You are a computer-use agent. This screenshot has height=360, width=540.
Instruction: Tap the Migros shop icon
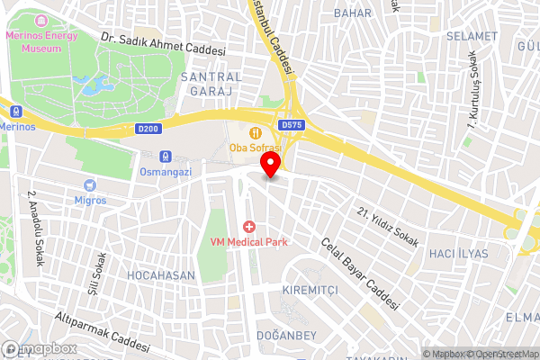click(x=90, y=184)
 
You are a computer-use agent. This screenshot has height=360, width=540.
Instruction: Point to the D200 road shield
click(x=149, y=129)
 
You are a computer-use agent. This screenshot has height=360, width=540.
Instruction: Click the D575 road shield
click(x=291, y=125)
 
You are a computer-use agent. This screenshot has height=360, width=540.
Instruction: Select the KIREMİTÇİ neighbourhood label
click(x=310, y=292)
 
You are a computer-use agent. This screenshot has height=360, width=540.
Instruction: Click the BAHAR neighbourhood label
click(x=352, y=13)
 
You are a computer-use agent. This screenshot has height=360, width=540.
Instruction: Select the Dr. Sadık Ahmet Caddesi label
click(x=163, y=44)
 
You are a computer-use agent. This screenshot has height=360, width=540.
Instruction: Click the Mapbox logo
click(x=40, y=349)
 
